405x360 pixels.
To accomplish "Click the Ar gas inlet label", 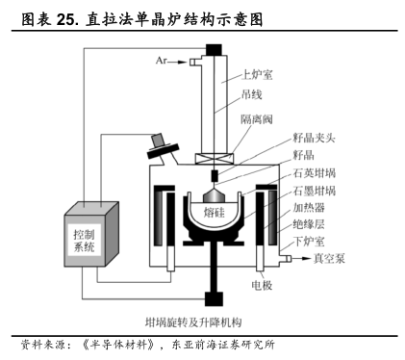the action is point(161,60).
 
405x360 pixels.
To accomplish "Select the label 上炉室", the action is point(257,75).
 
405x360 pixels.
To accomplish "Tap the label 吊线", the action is point(252,94).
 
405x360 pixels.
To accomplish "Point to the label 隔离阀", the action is point(257,119).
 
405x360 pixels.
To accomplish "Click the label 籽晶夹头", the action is point(314,138).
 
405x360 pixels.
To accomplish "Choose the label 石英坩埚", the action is point(315,173).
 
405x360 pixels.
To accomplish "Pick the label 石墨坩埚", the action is point(315,191).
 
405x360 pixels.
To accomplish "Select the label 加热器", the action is point(309,208).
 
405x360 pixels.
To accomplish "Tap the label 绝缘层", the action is point(309,224).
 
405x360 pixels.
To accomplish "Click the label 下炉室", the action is point(309,241).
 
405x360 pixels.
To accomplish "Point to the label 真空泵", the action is point(329,258).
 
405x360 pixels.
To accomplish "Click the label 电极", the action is point(263,285).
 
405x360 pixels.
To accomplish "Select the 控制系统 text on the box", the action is point(84,241).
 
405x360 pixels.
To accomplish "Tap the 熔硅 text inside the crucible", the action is point(215,212).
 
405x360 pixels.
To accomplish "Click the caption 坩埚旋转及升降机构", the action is point(193,322).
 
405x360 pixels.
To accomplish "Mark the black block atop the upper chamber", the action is point(214,50).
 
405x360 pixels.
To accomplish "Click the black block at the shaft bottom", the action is point(214,298).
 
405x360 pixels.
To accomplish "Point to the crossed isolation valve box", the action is point(215,159).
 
